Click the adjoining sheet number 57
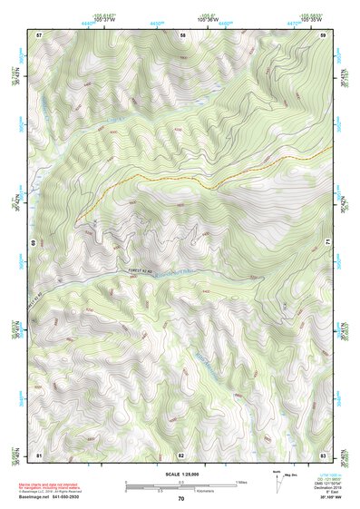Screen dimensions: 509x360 pyautogui.click(x=39, y=34)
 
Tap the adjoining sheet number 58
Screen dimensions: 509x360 pyautogui.click(x=182, y=34)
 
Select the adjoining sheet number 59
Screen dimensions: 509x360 pyautogui.click(x=323, y=34)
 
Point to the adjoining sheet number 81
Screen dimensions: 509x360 pyautogui.click(x=39, y=454)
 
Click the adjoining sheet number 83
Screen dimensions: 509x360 pyautogui.click(x=323, y=454)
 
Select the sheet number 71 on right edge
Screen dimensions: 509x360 pyautogui.click(x=326, y=242)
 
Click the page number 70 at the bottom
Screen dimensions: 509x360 pyautogui.click(x=181, y=498)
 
